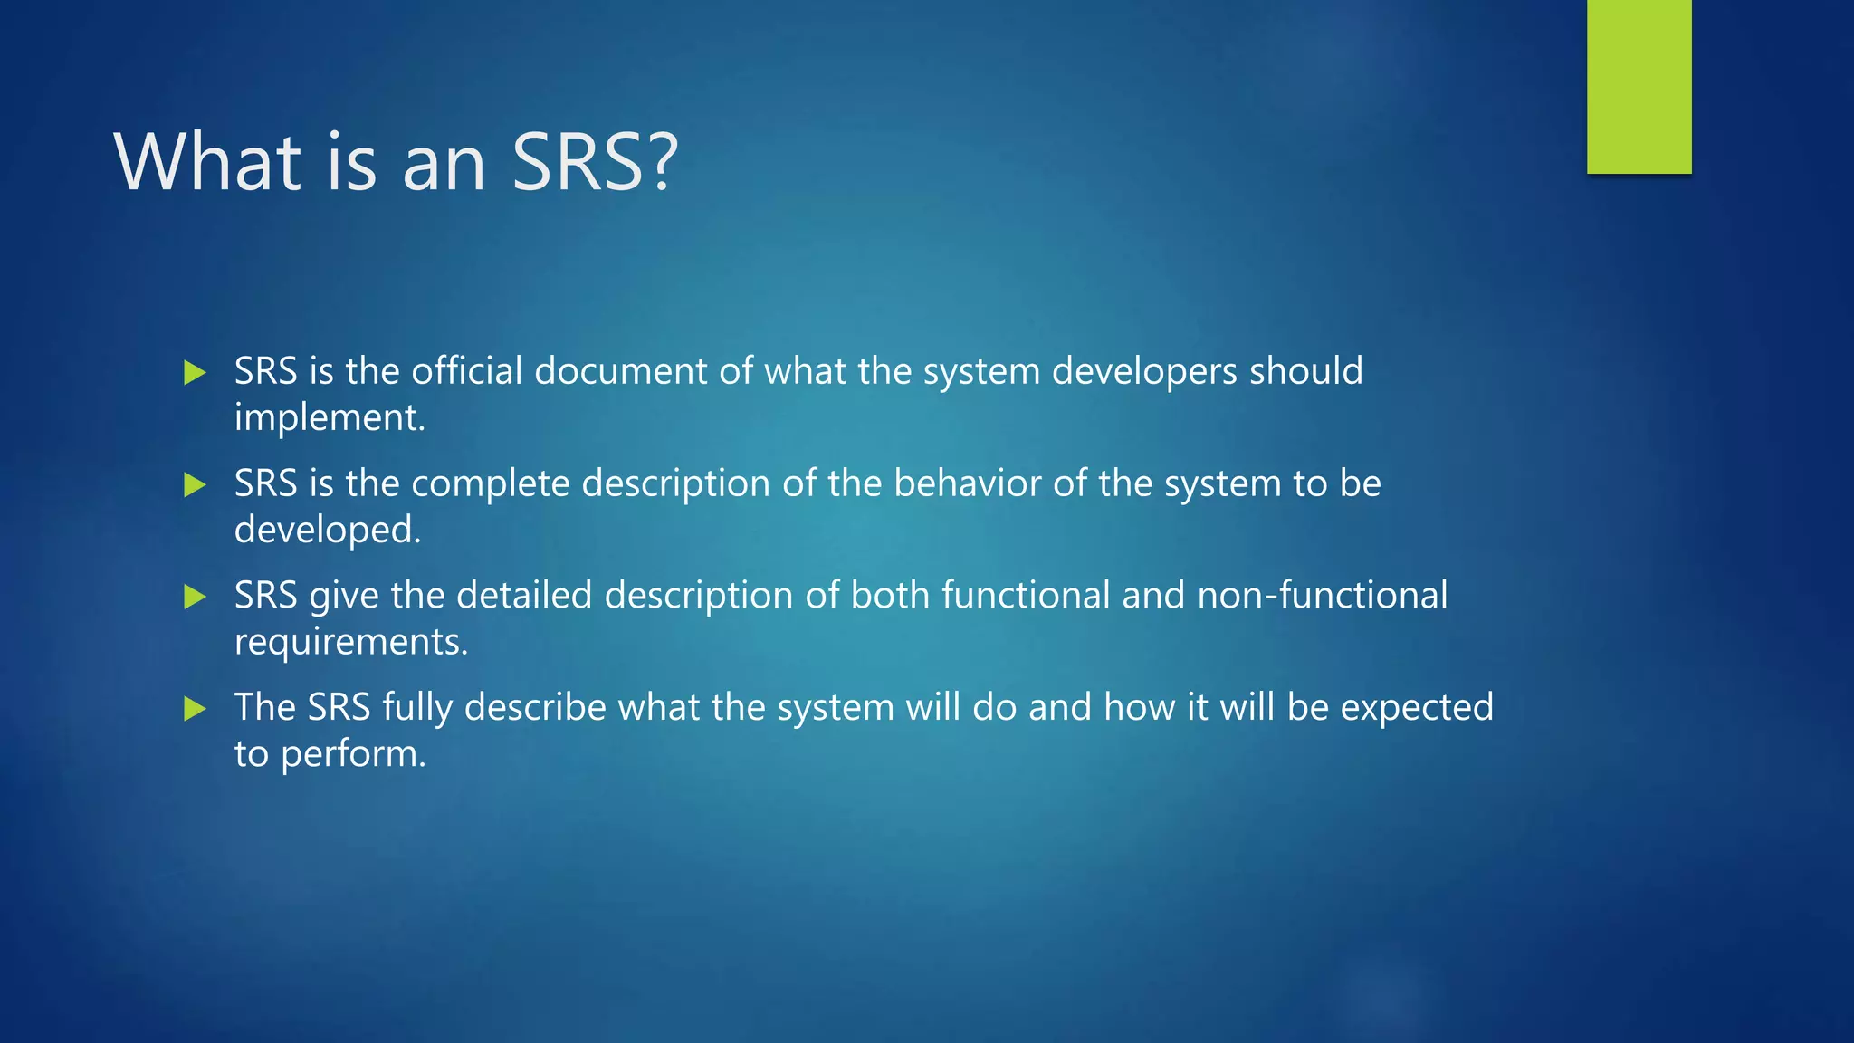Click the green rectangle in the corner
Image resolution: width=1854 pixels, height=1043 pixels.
click(1639, 86)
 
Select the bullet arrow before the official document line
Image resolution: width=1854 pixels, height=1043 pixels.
click(195, 372)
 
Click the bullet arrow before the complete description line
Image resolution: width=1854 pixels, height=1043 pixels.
click(195, 484)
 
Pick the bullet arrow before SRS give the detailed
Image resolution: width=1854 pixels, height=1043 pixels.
click(195, 597)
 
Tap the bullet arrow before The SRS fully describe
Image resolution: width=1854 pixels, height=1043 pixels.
click(195, 708)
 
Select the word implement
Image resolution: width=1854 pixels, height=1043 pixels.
click(328, 418)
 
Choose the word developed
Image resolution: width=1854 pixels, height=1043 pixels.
click(326, 531)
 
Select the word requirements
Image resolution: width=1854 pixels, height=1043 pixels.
click(349, 642)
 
